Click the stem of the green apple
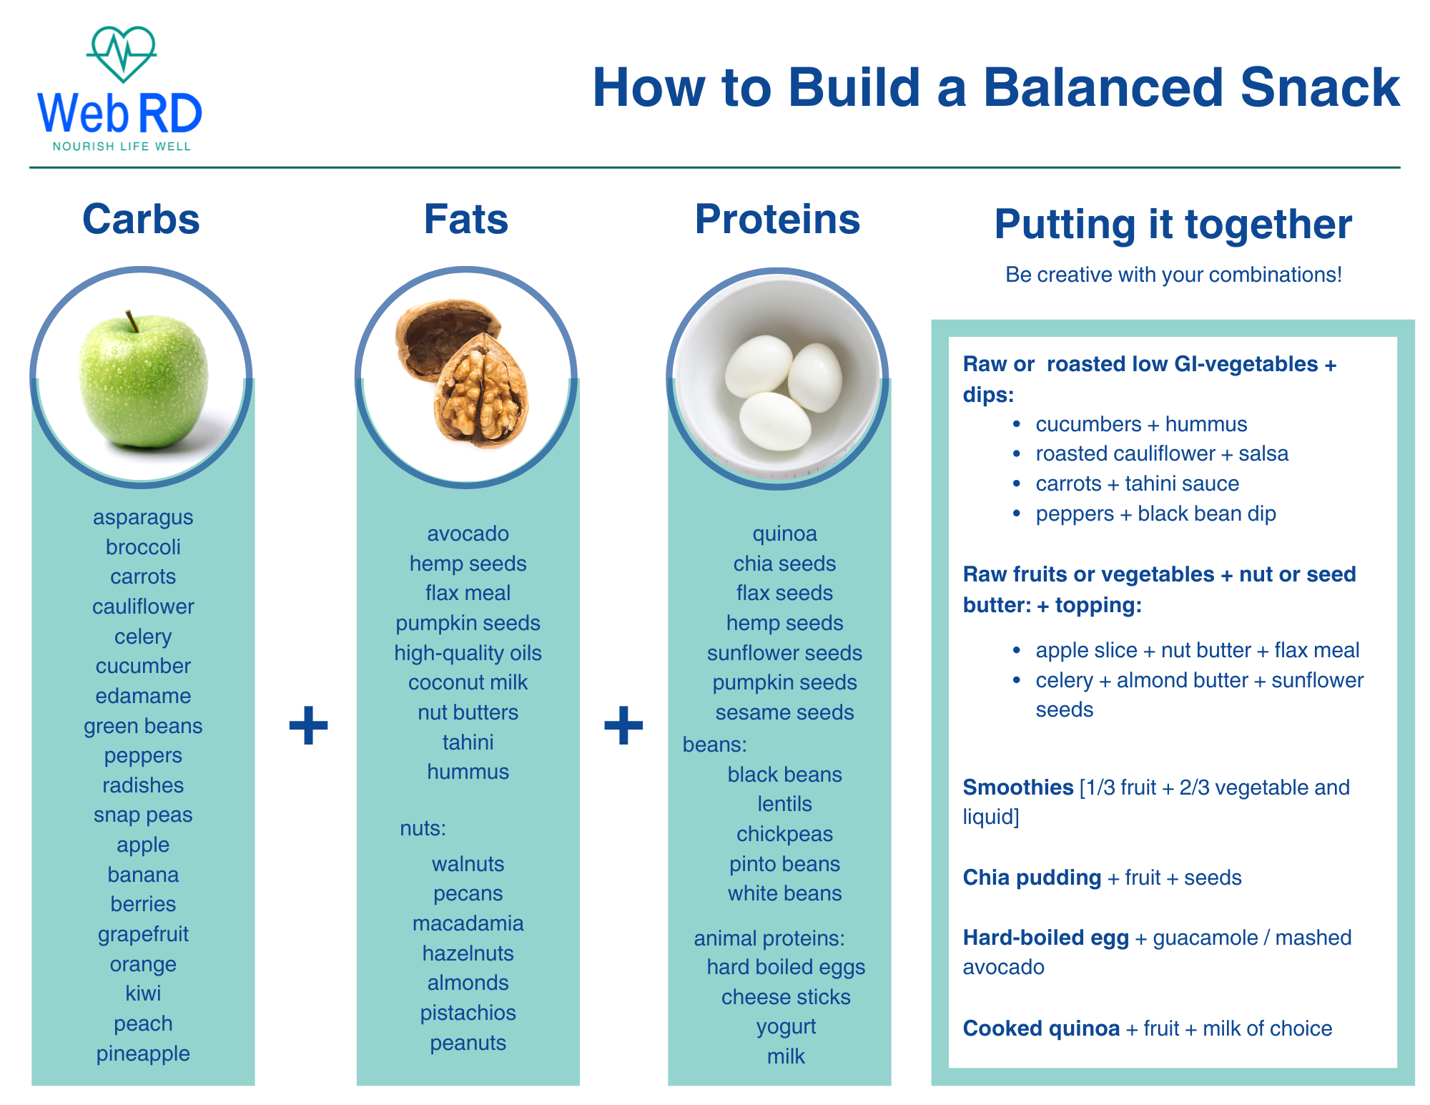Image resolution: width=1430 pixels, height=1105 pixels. (x=132, y=321)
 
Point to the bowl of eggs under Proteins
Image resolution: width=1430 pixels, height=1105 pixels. (x=777, y=379)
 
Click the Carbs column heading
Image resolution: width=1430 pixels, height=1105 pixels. (x=141, y=219)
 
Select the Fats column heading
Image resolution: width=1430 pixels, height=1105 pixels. (x=466, y=219)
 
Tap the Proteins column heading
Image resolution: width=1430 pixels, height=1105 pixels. (x=777, y=219)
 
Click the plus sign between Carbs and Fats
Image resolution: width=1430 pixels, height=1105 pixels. (x=308, y=725)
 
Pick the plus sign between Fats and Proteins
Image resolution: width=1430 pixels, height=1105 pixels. (x=623, y=725)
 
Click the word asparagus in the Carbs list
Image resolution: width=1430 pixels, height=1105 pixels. (x=143, y=517)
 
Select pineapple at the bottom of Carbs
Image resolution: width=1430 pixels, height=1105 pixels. (x=143, y=1054)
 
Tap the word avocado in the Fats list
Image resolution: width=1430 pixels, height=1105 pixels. (x=468, y=534)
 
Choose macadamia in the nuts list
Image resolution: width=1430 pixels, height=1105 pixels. (x=468, y=923)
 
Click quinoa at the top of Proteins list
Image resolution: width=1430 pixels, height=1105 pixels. (x=784, y=534)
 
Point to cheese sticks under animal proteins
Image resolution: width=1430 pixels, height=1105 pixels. (x=786, y=997)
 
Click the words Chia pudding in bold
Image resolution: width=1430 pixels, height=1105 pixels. (x=1032, y=878)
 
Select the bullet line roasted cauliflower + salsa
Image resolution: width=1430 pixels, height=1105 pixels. (x=1162, y=453)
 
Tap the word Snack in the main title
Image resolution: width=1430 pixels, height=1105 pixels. (x=1320, y=88)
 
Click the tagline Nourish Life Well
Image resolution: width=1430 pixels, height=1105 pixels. (x=122, y=147)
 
